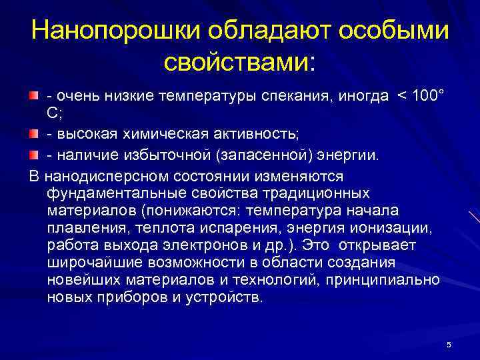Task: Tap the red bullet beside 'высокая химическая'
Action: [x=35, y=137]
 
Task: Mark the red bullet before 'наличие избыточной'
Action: [x=35, y=156]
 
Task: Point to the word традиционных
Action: [x=313, y=193]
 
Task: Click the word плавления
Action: [x=82, y=228]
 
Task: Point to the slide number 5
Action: [x=449, y=345]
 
